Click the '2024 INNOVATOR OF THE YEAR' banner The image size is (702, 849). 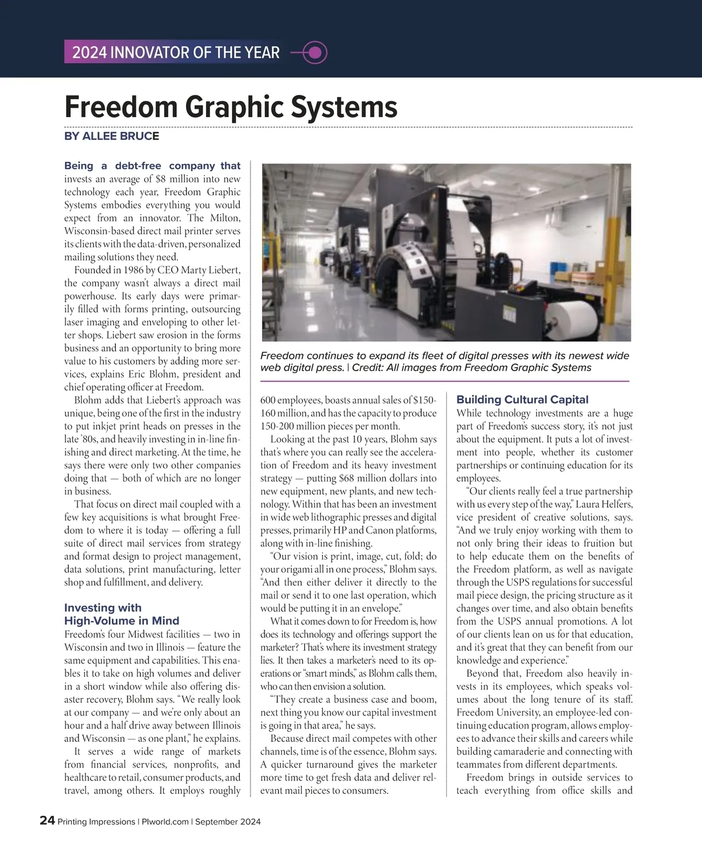(175, 53)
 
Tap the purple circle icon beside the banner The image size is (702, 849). (315, 53)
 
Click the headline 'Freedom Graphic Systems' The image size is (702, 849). (231, 107)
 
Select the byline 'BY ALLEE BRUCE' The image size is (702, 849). (112, 136)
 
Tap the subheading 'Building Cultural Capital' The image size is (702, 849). (522, 400)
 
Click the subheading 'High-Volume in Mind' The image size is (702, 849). (122, 621)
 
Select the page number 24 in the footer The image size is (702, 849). (47, 821)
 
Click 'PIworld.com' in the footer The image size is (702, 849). (164, 821)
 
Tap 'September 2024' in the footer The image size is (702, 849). (228, 821)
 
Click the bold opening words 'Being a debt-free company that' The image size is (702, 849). (152, 166)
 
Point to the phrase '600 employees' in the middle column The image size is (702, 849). (290, 400)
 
